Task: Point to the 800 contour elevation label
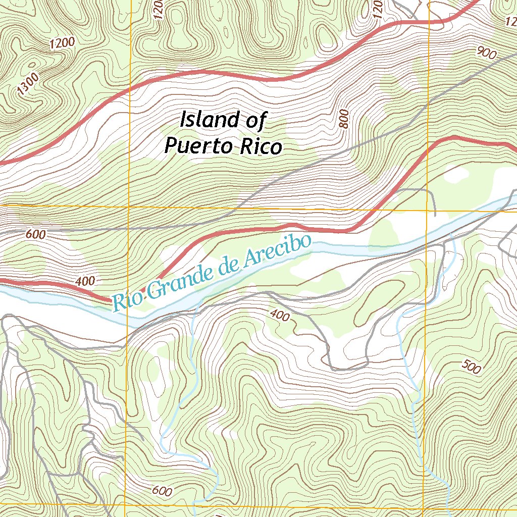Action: [x=345, y=119]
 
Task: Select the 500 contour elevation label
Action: [x=471, y=368]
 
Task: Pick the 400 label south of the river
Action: [x=280, y=316]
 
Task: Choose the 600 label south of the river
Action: [x=162, y=490]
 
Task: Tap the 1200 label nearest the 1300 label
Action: [x=62, y=43]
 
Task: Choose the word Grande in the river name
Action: [x=174, y=281]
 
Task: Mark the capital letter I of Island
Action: [x=183, y=120]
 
